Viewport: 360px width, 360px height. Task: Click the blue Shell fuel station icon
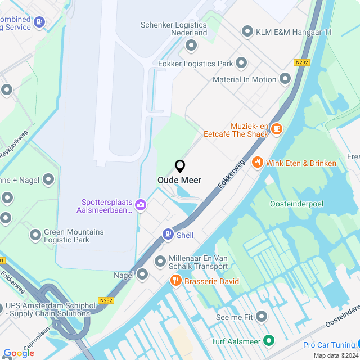coord(168,235)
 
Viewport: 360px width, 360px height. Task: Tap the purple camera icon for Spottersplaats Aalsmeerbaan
coord(141,205)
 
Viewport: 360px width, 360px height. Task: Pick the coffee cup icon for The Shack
coord(276,129)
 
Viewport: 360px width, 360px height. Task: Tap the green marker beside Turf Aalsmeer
coord(269,341)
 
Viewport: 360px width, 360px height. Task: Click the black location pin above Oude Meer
coord(180,166)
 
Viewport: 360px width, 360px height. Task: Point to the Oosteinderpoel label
coord(296,204)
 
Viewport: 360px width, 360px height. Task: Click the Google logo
coord(19,353)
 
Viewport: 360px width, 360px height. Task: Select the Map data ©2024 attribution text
coord(335,355)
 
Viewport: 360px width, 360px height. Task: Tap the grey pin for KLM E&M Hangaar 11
coord(247,32)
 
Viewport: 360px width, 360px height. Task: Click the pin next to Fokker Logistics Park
coord(241,62)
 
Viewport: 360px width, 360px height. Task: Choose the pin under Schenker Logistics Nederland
coord(191,45)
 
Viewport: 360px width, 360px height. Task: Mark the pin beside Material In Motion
coord(285,79)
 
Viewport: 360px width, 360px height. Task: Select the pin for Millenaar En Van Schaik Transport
coord(160,262)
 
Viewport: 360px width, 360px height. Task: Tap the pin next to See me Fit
coord(262,317)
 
